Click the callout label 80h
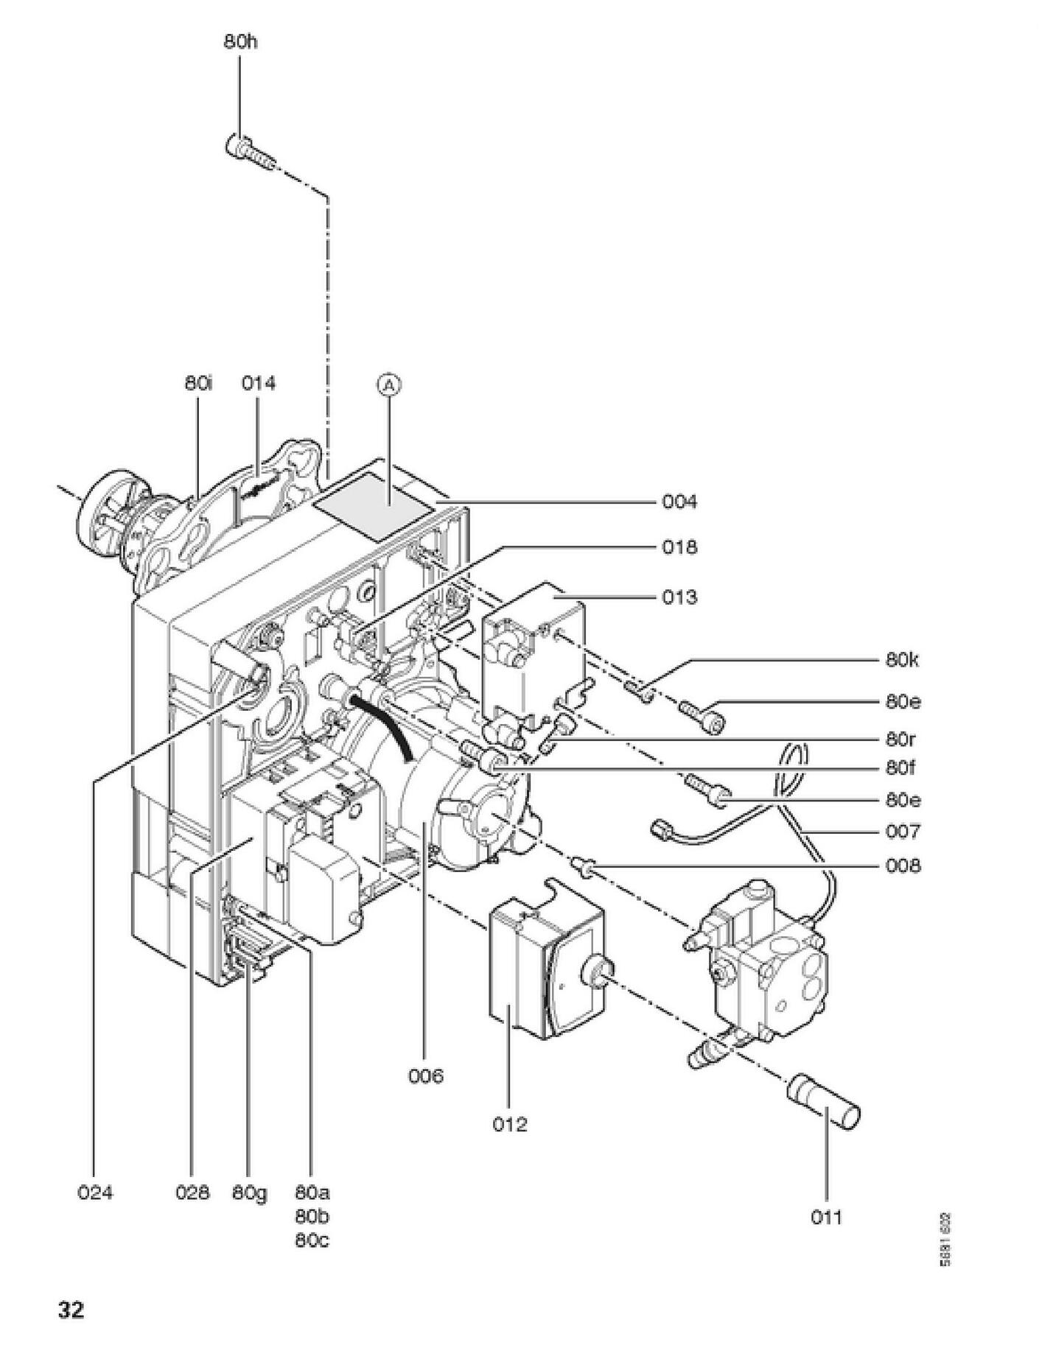pyautogui.click(x=241, y=42)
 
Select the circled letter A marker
pyautogui.click(x=391, y=384)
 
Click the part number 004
pyautogui.click(x=679, y=502)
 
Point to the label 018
pyautogui.click(x=679, y=547)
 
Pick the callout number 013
pyautogui.click(x=679, y=597)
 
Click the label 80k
pyautogui.click(x=903, y=660)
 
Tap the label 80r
pyautogui.click(x=900, y=739)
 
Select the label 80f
pyautogui.click(x=900, y=768)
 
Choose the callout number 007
pyautogui.click(x=903, y=832)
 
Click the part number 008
pyautogui.click(x=903, y=865)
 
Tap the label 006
pyautogui.click(x=426, y=1076)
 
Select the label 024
pyautogui.click(x=95, y=1193)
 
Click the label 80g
pyautogui.click(x=250, y=1193)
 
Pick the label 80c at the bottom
pyautogui.click(x=312, y=1240)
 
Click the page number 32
pyautogui.click(x=71, y=1310)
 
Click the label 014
pyautogui.click(x=259, y=383)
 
